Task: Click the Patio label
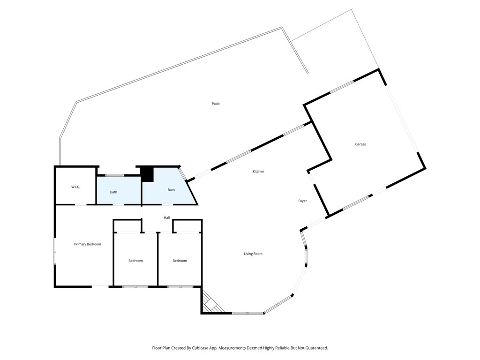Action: pos(216,104)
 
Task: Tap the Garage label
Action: pos(360,144)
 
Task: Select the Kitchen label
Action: pos(258,172)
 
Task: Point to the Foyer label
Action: pos(302,201)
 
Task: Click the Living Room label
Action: pos(253,254)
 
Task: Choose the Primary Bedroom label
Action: pos(88,244)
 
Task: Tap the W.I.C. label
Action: pos(75,187)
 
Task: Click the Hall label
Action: pos(166,218)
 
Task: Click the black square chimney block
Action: pos(148,174)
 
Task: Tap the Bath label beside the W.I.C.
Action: pos(113,192)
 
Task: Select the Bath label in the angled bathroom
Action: pos(171,190)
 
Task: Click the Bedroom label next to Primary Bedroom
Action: pos(135,261)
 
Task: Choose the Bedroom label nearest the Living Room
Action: pos(180,261)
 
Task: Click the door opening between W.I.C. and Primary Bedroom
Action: pos(81,204)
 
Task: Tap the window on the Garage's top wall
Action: pos(342,87)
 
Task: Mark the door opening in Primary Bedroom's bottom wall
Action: pos(100,286)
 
